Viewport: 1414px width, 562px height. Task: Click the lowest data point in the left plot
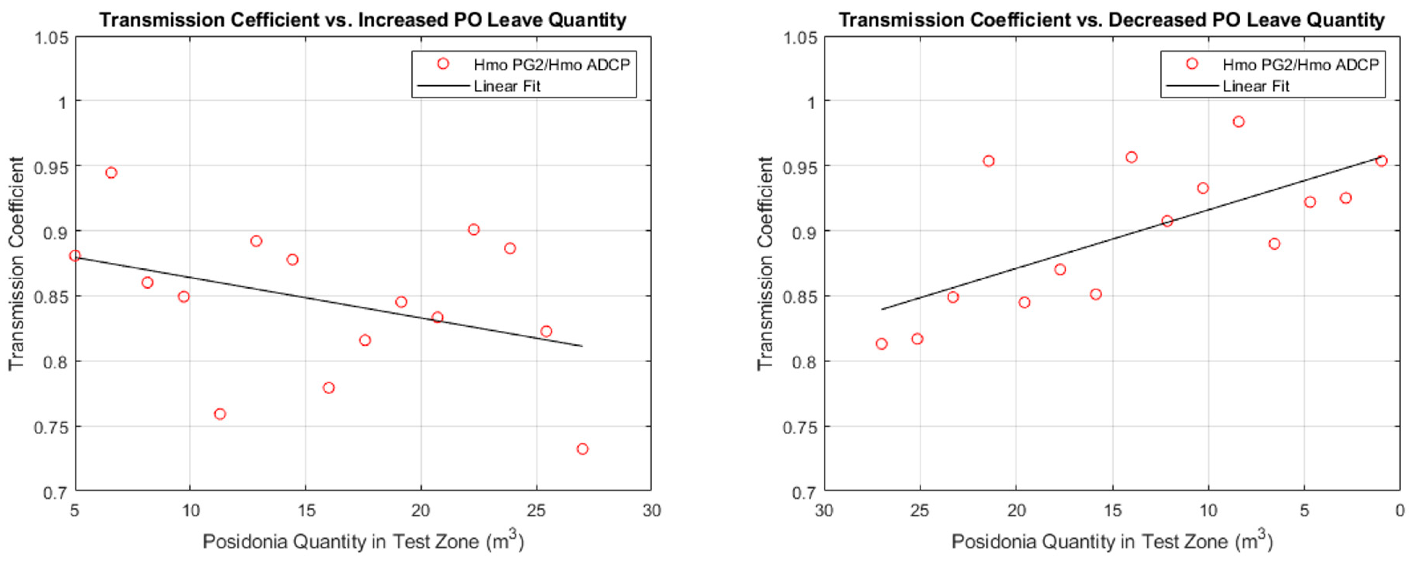[582, 449]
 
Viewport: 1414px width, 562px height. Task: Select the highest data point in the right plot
[1238, 121]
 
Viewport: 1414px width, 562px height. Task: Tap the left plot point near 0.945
[111, 172]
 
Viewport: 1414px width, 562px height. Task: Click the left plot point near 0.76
[219, 414]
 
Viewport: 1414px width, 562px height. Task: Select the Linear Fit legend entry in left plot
[507, 86]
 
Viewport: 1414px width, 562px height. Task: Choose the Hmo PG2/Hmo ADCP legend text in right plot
[1300, 65]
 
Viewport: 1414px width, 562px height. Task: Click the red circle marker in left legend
[443, 64]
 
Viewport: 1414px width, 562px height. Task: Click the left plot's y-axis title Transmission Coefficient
[17, 264]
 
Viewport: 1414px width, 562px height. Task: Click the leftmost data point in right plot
[881, 344]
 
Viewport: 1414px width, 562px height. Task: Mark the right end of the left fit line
[582, 346]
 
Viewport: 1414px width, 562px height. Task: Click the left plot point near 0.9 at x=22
[474, 229]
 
